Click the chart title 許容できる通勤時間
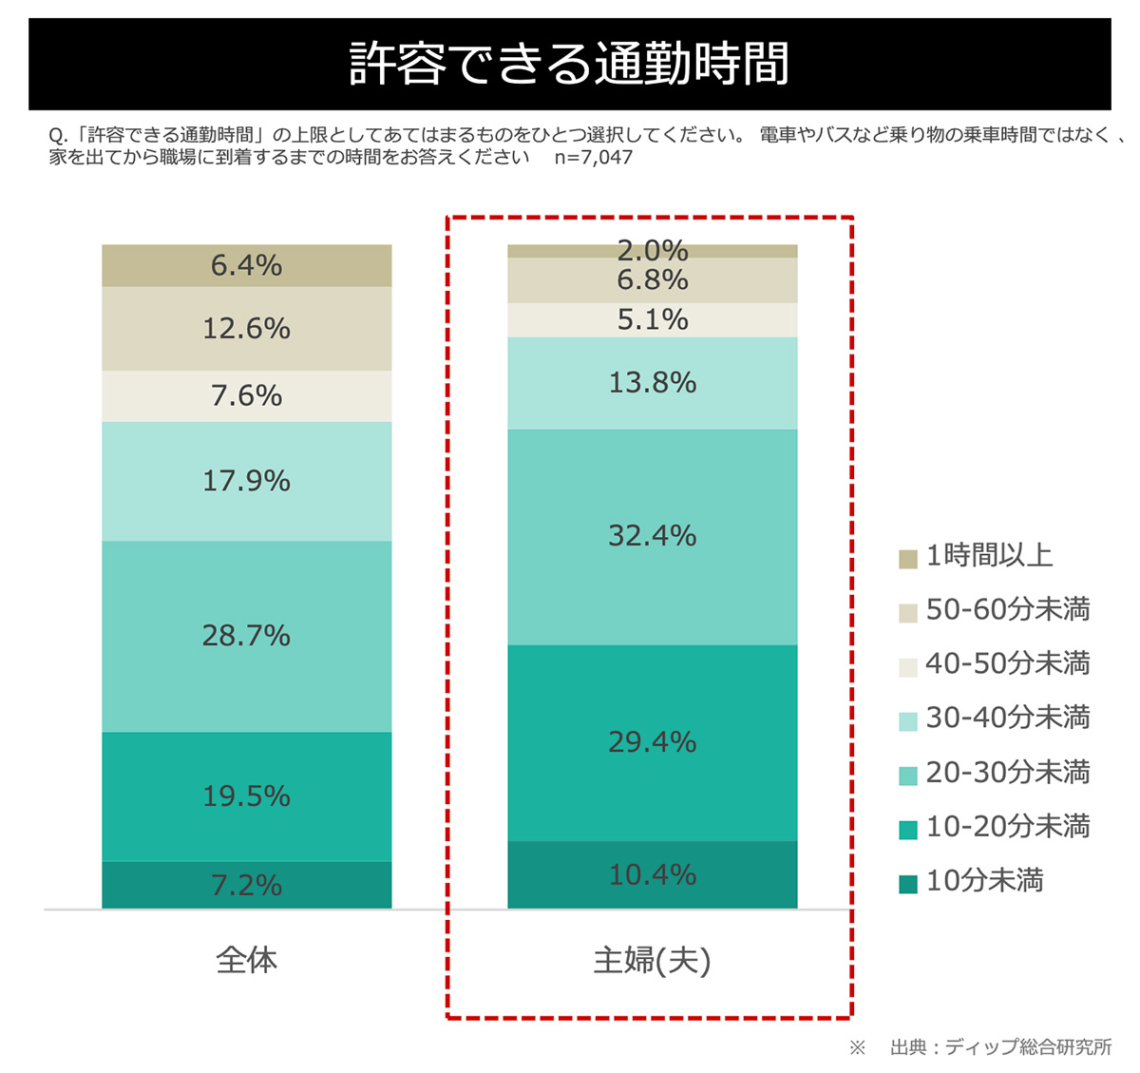tap(569, 64)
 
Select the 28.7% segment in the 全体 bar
tap(246, 636)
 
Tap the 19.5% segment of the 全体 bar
tap(246, 795)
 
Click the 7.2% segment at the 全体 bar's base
tap(246, 885)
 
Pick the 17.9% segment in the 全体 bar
tap(246, 481)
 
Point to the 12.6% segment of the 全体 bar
tap(246, 329)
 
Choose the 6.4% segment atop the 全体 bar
tap(246, 265)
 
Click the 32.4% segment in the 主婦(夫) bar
tap(652, 536)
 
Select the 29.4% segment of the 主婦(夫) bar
tap(652, 742)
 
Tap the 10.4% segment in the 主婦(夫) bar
tap(652, 874)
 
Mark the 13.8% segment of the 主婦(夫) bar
tap(652, 383)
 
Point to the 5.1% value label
tap(652, 320)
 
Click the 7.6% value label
tap(246, 395)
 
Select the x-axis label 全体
tap(246, 960)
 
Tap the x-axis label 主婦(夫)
tap(652, 961)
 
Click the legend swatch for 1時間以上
tap(908, 558)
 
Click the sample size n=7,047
tap(594, 158)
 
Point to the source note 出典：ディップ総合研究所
tap(1000, 1047)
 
